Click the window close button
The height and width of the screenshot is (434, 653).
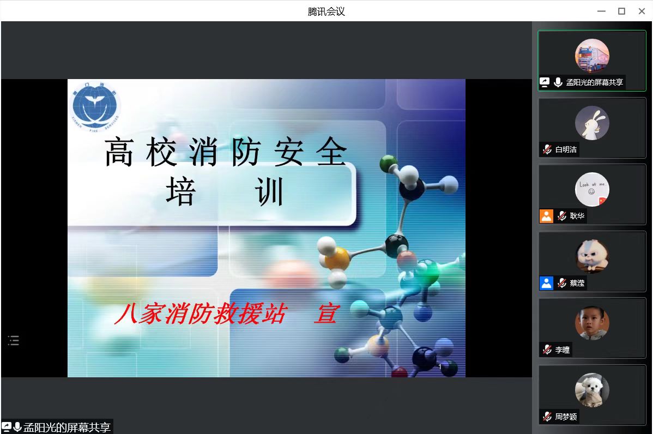(x=641, y=11)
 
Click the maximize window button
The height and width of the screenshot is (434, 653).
(x=621, y=11)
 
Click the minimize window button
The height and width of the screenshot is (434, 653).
(x=602, y=11)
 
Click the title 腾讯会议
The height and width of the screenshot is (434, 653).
(x=326, y=11)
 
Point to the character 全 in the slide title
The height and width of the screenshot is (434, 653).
(x=331, y=152)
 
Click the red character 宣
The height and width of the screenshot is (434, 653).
(x=325, y=315)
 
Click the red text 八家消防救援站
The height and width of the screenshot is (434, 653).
(x=200, y=315)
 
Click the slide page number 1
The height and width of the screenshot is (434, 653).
(x=440, y=367)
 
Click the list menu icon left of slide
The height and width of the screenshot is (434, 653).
(x=14, y=341)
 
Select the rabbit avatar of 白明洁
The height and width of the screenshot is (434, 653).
(x=592, y=123)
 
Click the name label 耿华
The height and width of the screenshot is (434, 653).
(x=577, y=216)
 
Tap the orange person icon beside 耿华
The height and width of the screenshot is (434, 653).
(x=546, y=216)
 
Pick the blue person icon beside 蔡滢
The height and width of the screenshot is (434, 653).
(x=546, y=283)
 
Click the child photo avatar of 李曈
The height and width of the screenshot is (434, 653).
(x=592, y=323)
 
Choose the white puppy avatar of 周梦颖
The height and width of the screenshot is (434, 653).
(x=592, y=390)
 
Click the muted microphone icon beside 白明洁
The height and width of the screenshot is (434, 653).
(x=547, y=149)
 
